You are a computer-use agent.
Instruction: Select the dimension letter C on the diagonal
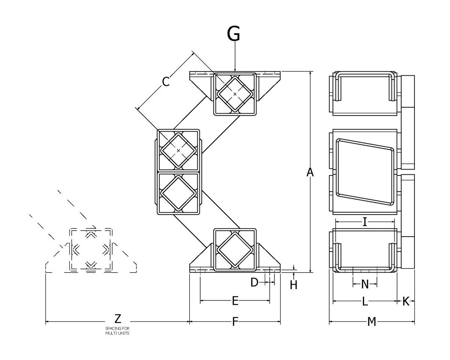tap(166, 81)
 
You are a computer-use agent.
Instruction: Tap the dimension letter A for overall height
tap(310, 172)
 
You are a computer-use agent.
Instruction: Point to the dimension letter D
tap(254, 282)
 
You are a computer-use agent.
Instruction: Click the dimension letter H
tap(294, 285)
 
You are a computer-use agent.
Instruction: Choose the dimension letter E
tap(235, 301)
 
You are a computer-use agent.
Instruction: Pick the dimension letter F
tap(235, 322)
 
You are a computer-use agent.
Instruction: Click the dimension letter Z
tap(118, 319)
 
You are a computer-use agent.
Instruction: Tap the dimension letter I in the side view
tap(364, 222)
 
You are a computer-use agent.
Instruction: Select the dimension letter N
tap(365, 285)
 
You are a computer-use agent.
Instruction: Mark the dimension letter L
tap(365, 301)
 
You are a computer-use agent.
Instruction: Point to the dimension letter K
tap(406, 301)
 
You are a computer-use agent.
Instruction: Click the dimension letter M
tap(372, 322)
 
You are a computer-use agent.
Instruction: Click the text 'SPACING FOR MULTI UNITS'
tap(117, 331)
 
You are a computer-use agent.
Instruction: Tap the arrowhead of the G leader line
tap(235, 70)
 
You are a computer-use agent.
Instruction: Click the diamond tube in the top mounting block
tap(235, 94)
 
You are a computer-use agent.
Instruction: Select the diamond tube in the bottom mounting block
tap(235, 249)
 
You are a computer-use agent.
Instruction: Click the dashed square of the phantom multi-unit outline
tap(90, 249)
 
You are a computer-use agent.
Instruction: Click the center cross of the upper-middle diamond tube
tap(178, 150)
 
